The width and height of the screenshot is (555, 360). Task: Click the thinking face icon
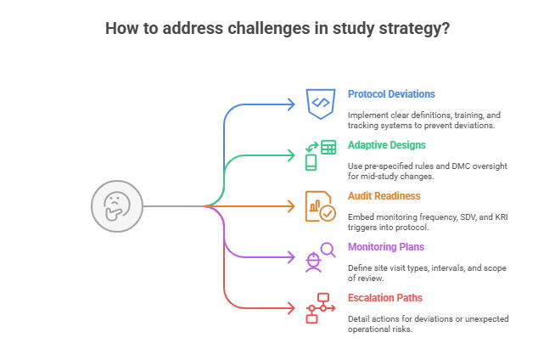[116, 206]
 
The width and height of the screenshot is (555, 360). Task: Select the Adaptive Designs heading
[387, 145]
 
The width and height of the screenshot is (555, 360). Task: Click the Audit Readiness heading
[384, 196]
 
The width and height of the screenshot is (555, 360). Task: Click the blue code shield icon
[320, 104]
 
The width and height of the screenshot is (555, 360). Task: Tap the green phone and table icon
[320, 155]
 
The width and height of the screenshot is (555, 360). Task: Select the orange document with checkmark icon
[320, 205]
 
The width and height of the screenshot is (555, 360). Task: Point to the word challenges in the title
[257, 28]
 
